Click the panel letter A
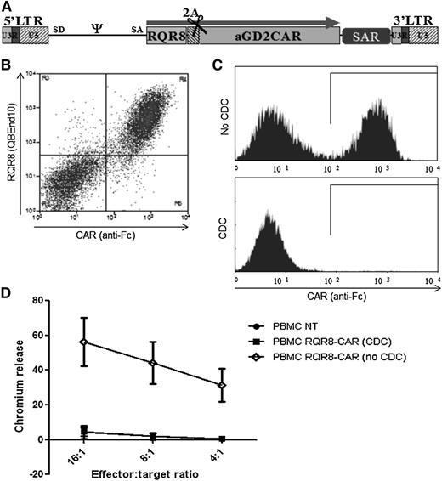point(8,7)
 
